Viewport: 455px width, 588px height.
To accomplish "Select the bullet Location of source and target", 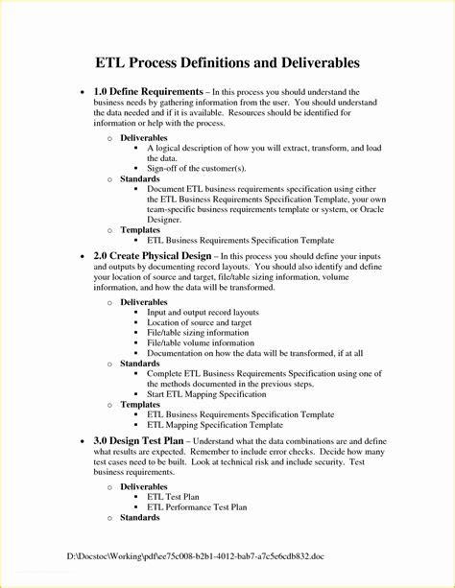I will (199, 322).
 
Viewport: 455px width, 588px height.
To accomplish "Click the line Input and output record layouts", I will (203, 312).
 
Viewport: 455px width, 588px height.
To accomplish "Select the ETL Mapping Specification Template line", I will (215, 425).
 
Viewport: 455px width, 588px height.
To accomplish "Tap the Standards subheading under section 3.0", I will (140, 517).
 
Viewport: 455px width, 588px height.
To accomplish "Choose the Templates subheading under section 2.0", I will (141, 405).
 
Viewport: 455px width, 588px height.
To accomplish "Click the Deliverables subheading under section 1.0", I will (144, 137).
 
